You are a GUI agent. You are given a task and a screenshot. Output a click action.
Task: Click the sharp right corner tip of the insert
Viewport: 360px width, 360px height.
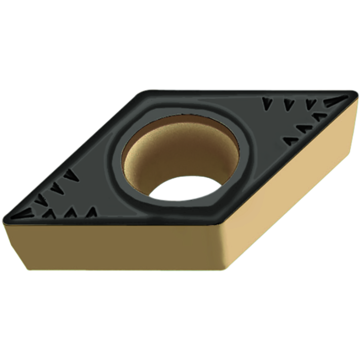(354, 96)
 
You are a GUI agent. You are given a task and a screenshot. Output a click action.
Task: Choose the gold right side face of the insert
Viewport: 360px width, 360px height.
(300, 178)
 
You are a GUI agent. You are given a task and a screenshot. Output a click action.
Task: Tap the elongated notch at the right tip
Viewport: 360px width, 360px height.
(336, 100)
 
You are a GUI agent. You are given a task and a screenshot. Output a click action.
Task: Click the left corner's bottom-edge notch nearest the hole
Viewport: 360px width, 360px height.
(92, 212)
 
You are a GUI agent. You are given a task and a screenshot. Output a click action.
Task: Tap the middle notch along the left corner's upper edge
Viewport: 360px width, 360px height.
(56, 187)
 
